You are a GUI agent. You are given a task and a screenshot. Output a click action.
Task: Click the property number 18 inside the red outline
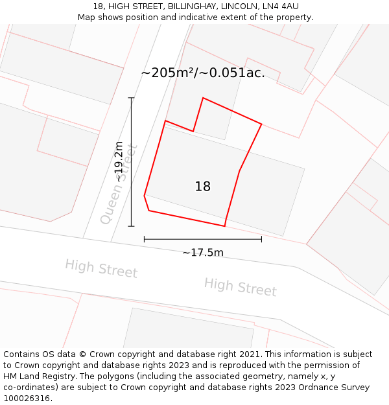point(203,187)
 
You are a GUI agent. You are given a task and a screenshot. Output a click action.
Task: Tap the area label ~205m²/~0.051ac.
point(203,73)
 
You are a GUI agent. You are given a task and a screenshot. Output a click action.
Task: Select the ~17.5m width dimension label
point(202,252)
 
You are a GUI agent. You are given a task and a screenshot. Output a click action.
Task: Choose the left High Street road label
point(101,268)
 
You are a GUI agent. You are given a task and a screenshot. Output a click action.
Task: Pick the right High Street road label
point(240,286)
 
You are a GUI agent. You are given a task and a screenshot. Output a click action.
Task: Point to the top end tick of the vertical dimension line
point(132,98)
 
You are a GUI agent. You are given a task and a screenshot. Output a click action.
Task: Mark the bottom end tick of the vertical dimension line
point(132,226)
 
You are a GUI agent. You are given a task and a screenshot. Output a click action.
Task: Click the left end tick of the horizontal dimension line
point(144,239)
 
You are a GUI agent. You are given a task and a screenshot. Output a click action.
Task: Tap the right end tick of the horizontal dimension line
point(261,239)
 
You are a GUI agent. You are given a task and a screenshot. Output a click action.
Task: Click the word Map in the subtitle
point(87,17)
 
